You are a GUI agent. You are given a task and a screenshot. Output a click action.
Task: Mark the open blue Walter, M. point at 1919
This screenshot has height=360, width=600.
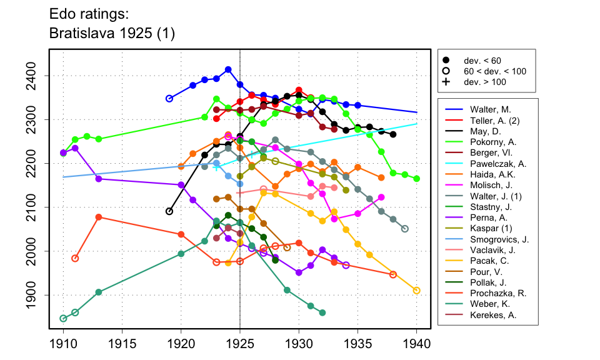click(169, 99)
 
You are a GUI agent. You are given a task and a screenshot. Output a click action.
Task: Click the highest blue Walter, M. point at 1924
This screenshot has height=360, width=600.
click(228, 69)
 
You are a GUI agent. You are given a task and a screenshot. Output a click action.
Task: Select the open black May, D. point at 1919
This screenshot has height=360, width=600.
click(169, 211)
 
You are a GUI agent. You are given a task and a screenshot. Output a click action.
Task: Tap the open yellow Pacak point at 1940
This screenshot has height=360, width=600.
click(417, 290)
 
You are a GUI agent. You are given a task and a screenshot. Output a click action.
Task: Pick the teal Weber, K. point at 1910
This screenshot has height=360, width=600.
click(63, 318)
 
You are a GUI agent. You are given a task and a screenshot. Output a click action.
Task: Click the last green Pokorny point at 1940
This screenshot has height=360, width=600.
click(417, 179)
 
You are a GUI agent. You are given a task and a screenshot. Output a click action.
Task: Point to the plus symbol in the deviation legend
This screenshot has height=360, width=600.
click(446, 82)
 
